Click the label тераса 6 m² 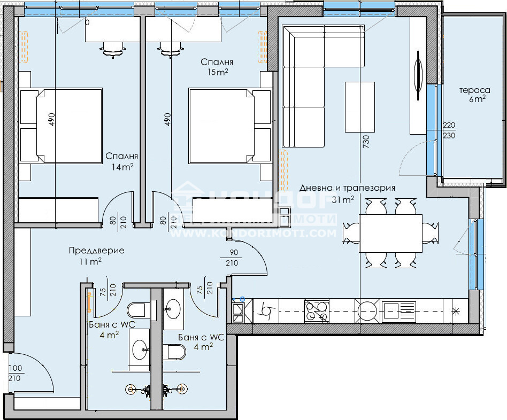pos(472,94)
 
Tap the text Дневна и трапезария pos(347,188)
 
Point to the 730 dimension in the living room pos(366,142)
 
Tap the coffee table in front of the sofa pos(359,106)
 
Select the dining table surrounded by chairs pos(390,233)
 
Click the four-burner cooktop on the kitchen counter pos(317,311)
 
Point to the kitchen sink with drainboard pos(398,310)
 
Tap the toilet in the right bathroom pos(175,352)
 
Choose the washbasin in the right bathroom pos(173,308)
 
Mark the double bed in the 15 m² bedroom pos(229,126)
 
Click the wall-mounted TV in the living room pos(418,75)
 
